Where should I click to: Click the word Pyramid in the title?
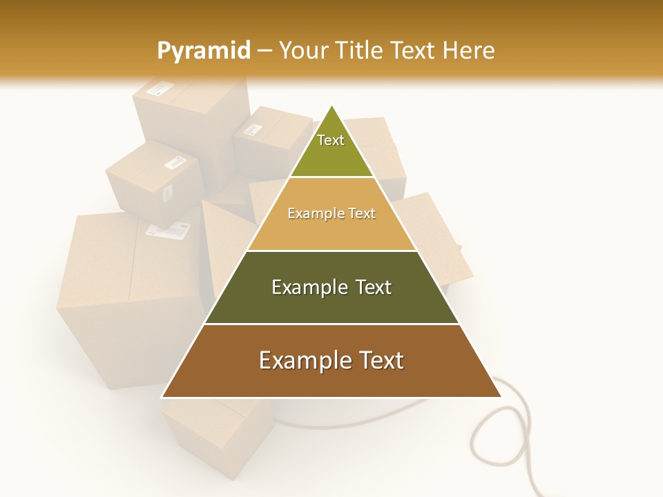[203, 51]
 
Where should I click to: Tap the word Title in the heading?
[360, 50]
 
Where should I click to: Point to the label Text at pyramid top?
[331, 140]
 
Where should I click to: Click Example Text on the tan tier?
[331, 213]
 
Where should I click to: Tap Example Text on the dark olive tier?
[331, 287]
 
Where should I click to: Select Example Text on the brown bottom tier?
[331, 360]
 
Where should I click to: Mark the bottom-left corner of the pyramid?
[162, 397]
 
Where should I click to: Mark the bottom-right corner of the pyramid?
[501, 397]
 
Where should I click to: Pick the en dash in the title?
[265, 51]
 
